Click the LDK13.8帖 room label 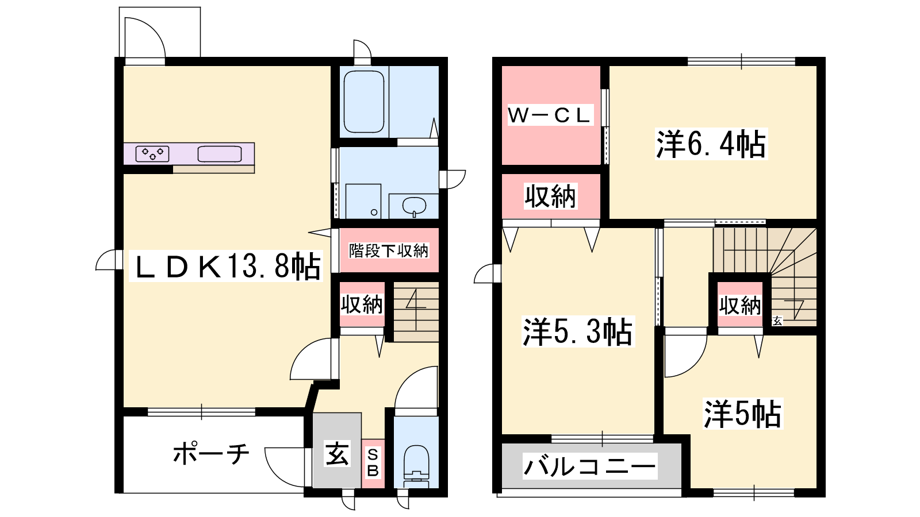click(x=226, y=267)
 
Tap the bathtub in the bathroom click(x=364, y=101)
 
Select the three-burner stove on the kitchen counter click(x=152, y=154)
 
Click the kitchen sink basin click(x=219, y=154)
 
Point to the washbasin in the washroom click(x=414, y=206)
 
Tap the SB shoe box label click(x=373, y=463)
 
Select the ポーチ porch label click(x=210, y=453)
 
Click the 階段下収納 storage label click(x=389, y=250)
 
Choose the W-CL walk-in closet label click(x=550, y=115)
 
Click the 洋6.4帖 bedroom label click(x=711, y=144)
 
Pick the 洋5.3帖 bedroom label click(x=578, y=331)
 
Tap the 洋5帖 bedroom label click(x=743, y=414)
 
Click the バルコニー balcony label click(x=590, y=466)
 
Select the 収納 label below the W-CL click(x=550, y=196)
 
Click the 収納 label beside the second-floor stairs click(x=740, y=306)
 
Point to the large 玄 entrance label click(x=337, y=453)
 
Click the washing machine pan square click(x=363, y=201)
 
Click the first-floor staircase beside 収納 click(x=416, y=311)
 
